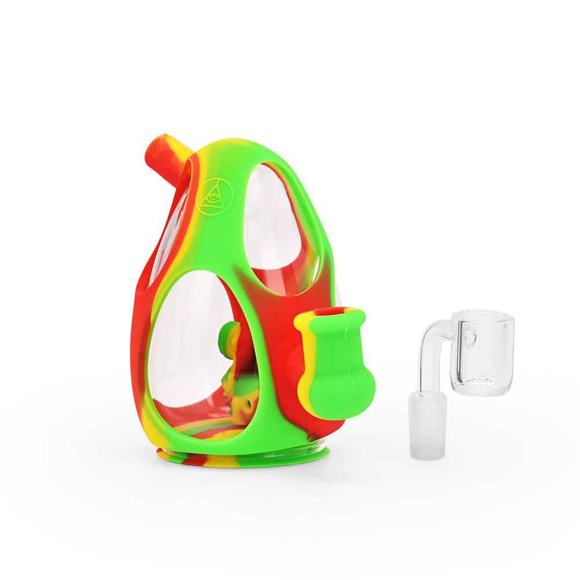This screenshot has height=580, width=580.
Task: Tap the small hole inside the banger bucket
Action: click(x=469, y=336)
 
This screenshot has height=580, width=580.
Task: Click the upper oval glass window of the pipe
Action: click(x=278, y=226)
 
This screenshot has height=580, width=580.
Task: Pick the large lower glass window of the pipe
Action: click(x=186, y=348)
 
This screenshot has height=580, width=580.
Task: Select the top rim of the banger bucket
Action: click(x=483, y=316)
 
